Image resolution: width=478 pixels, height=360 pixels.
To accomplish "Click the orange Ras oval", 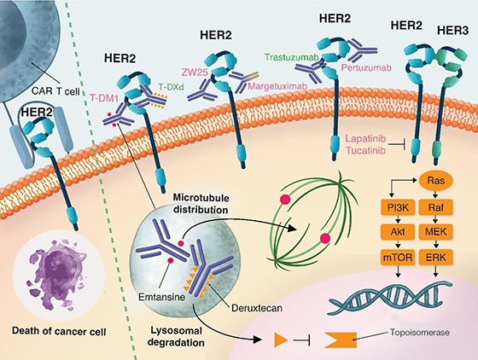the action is coord(436,181).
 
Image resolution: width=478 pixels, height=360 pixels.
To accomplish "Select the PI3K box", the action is coord(398,208).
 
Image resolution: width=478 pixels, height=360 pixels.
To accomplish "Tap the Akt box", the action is coord(398,232).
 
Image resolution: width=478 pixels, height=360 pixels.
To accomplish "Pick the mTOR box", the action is coord(398,258).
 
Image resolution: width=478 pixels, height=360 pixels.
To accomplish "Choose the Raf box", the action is coord(436,208).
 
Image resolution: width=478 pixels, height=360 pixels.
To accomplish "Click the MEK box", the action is coord(436,232).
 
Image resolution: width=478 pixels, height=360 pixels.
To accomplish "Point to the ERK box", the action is coord(436,258).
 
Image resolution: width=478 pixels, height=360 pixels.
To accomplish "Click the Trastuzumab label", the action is coord(292,57).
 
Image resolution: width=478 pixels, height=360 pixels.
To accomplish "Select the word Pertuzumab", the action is coord(366,67).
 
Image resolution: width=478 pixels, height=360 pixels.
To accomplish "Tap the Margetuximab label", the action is coord(277,86).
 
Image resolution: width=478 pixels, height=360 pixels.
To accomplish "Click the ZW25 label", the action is coord(195,73).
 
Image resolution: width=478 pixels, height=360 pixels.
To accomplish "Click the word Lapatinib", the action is coord(366,138).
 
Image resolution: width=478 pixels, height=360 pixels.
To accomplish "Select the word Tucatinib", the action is coord(366,150).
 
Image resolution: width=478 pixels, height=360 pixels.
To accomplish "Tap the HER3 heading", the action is coord(452,31).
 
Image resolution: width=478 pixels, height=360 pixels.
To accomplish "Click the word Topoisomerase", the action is coord(420,333).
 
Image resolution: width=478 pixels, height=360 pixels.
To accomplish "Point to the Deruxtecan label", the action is coord(257,308).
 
